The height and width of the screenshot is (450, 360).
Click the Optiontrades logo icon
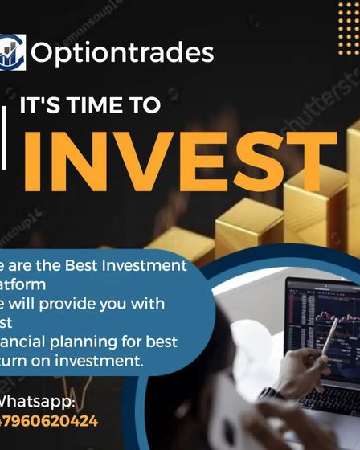pos(12,52)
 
